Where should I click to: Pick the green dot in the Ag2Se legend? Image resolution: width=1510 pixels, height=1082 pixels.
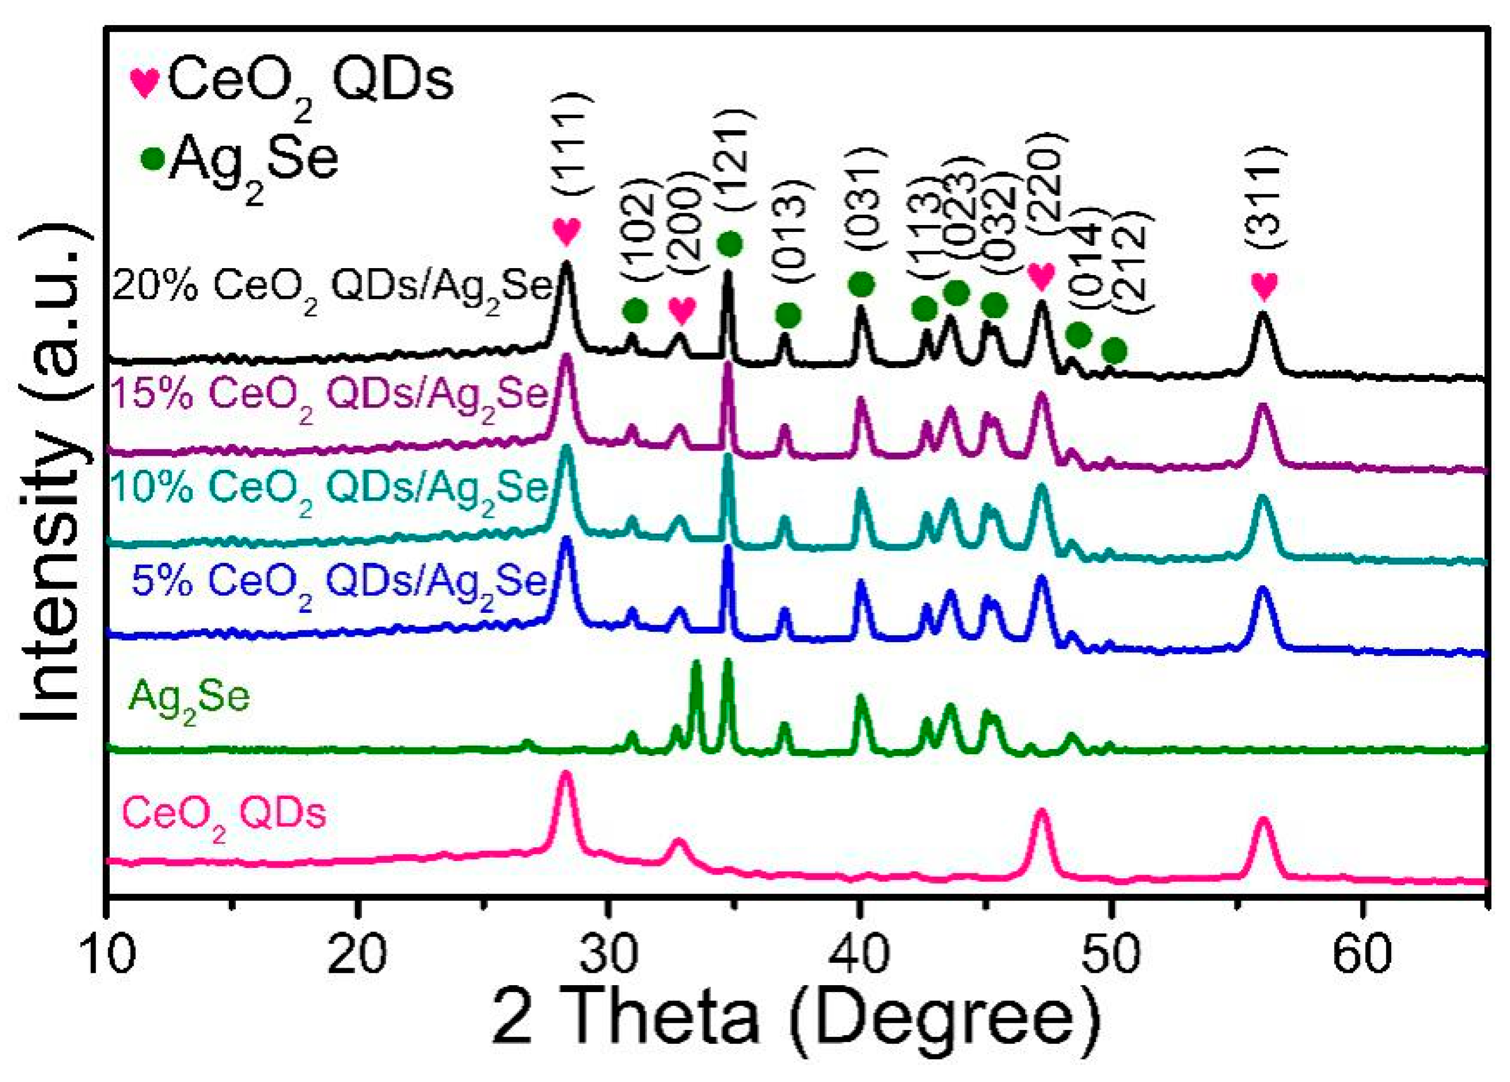tap(152, 160)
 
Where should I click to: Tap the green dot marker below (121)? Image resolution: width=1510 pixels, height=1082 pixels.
tap(730, 244)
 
